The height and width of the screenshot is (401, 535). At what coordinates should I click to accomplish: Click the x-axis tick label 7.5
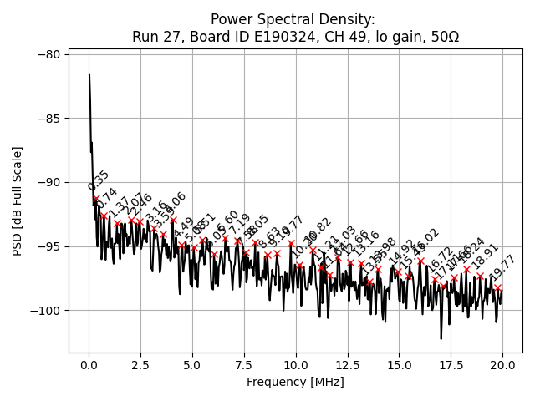244,365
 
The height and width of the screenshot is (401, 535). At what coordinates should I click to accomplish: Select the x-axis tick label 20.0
502,365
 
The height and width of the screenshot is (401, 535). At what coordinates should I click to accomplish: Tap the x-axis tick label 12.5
347,365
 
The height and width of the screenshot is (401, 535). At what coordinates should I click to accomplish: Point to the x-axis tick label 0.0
89,365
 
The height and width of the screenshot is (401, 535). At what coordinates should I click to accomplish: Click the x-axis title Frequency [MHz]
295,382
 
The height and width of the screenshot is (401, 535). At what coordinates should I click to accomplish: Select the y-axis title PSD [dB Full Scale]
17,200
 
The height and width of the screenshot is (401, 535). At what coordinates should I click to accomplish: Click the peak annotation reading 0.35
99,181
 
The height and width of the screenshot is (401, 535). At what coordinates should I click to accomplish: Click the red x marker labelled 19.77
497,287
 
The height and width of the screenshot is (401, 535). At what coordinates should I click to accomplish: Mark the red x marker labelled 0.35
96,199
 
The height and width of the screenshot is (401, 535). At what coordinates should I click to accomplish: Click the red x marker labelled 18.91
480,276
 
